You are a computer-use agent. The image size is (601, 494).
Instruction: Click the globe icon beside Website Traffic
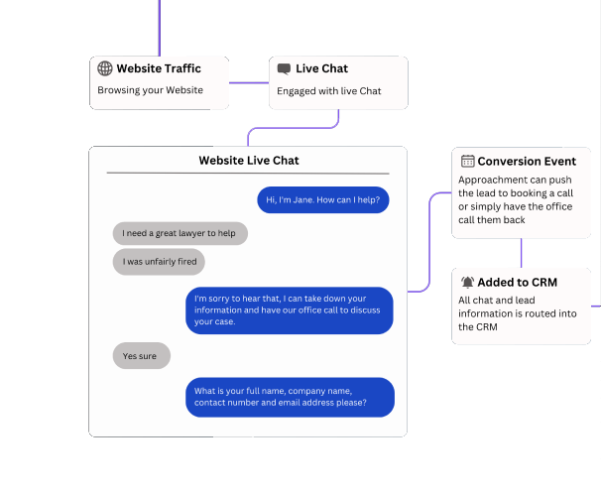[x=105, y=68]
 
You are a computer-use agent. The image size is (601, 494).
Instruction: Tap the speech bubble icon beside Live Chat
[x=285, y=68]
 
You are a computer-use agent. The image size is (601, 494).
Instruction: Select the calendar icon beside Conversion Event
[x=467, y=161]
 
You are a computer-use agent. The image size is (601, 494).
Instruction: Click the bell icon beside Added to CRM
[x=467, y=282]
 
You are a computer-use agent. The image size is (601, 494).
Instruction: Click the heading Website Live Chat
[x=248, y=160]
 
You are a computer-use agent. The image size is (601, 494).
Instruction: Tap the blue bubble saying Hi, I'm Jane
[x=324, y=199]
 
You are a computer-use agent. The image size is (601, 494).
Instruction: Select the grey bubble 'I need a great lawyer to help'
[x=180, y=233]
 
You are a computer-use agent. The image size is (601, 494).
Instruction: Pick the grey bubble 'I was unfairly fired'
[x=159, y=262]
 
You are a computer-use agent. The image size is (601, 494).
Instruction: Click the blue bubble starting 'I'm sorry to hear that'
[x=290, y=309]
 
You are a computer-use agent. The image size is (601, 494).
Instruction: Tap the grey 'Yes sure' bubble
[x=141, y=355]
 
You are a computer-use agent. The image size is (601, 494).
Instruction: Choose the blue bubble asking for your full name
[x=290, y=397]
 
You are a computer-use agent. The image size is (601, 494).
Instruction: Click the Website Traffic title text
[x=159, y=68]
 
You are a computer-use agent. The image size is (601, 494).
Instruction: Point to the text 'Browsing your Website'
[x=150, y=90]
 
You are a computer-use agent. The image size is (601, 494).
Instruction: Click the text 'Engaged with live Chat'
[x=328, y=91]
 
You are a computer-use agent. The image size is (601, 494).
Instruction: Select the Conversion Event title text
[x=527, y=161]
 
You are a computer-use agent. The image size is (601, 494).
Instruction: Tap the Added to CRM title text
[x=517, y=282]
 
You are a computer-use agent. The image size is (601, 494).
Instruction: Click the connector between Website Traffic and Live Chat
[x=249, y=82]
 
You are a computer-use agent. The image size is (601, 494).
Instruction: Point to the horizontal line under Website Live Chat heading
[x=248, y=174]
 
